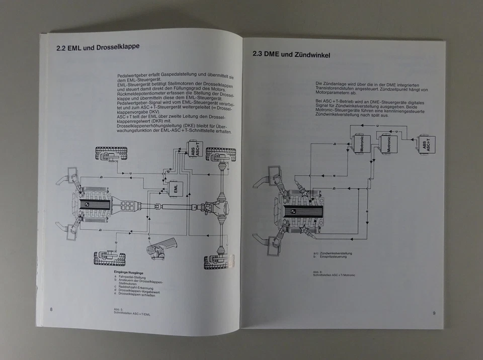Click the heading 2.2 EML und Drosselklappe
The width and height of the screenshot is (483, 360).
coord(98,48)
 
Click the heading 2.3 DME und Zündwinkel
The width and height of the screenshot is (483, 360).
coord(290,55)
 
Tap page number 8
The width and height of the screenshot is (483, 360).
coord(51,309)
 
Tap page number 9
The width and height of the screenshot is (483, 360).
coord(434,313)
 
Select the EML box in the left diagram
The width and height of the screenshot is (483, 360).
coord(176,188)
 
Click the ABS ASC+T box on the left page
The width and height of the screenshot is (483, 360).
coord(194,149)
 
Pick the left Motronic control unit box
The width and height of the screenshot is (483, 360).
coord(362,144)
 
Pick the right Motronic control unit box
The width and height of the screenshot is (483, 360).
coord(388,144)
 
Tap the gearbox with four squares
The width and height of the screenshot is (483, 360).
coord(128,206)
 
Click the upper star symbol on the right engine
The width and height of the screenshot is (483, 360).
coord(303,192)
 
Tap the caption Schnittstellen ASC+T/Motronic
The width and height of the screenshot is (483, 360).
coord(334,275)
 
